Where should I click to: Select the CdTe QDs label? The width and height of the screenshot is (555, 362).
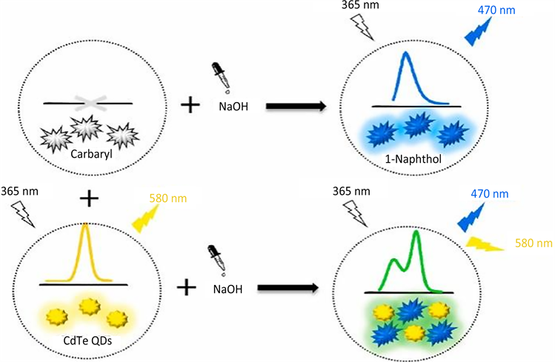pyautogui.click(x=85, y=341)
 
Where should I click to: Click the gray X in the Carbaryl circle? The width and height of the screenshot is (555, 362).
pyautogui.click(x=88, y=103)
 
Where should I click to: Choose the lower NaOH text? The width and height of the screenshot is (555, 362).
pyautogui.click(x=226, y=285)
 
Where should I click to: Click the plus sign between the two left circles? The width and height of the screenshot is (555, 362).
pyautogui.click(x=88, y=198)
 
